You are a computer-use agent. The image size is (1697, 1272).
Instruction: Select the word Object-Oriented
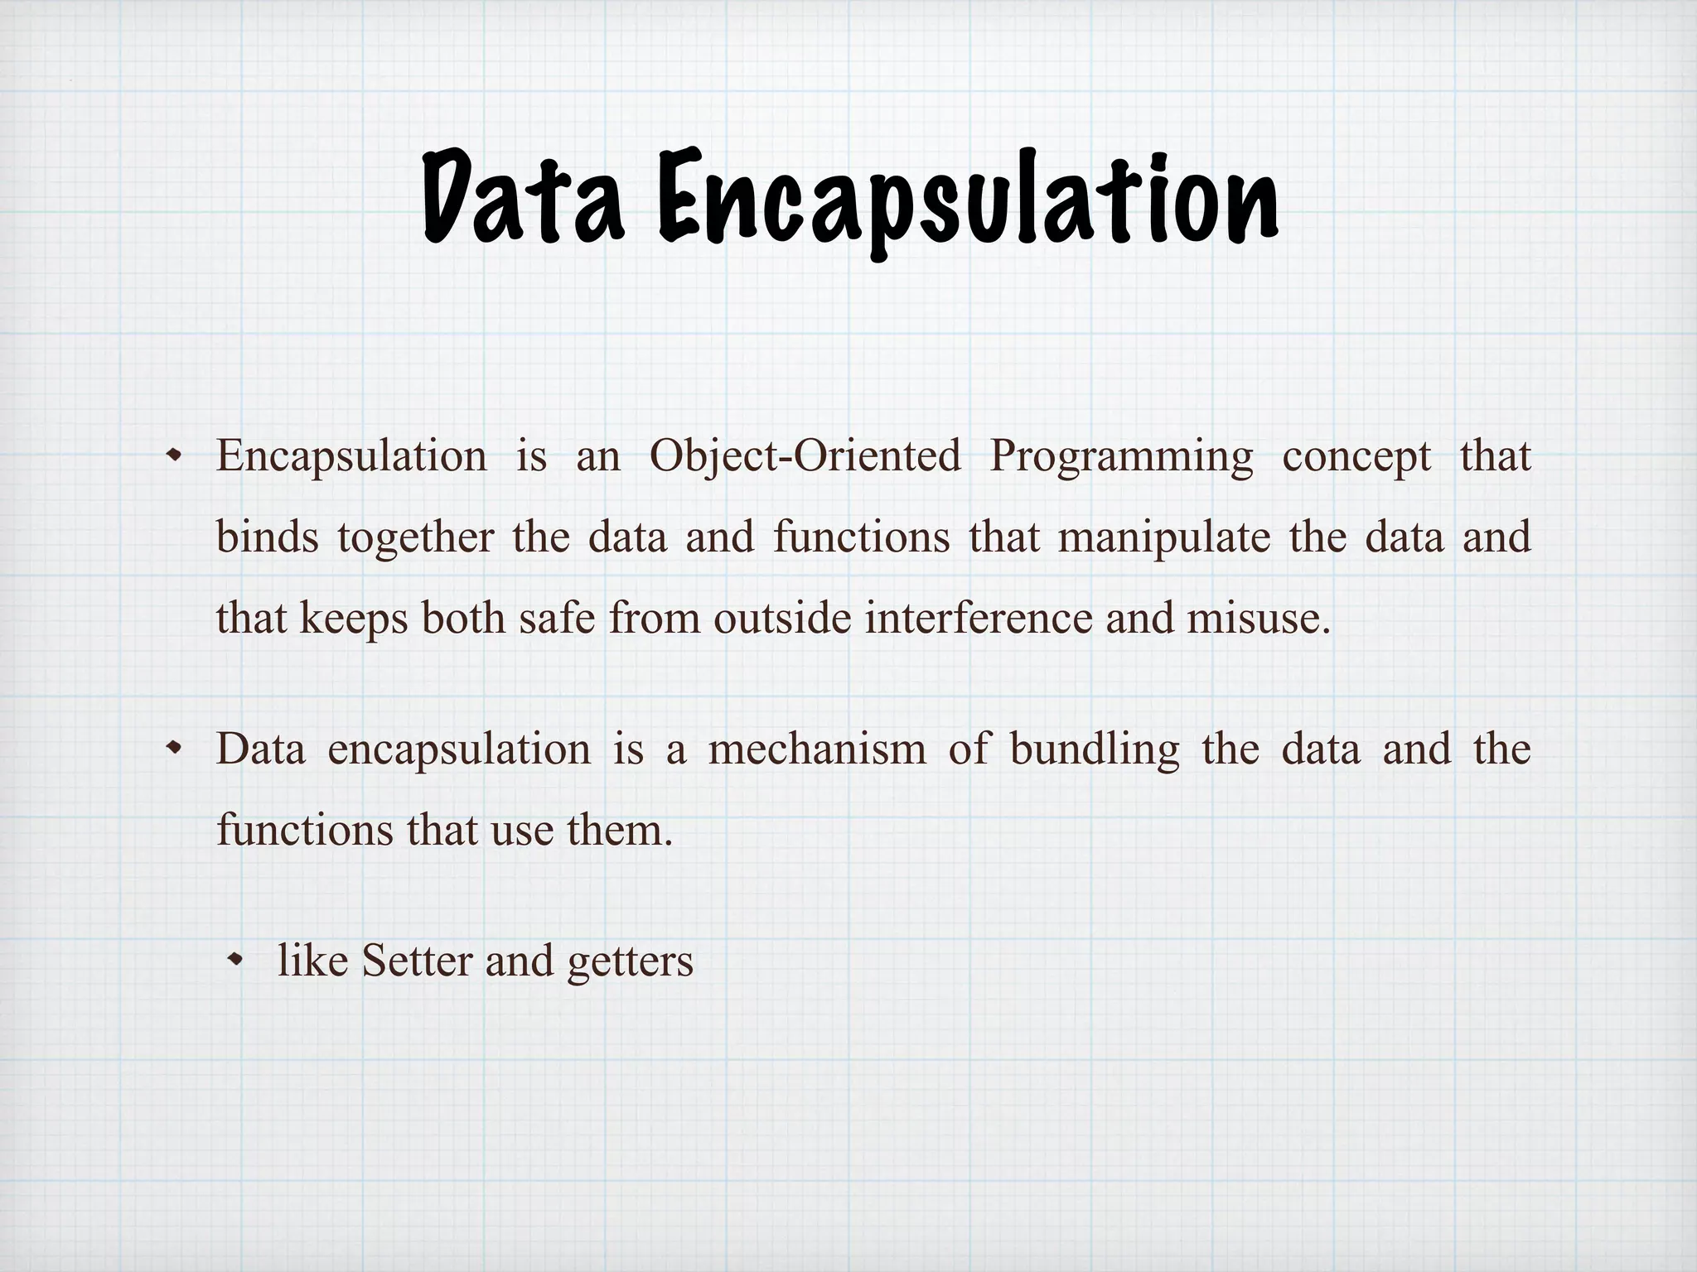(805, 456)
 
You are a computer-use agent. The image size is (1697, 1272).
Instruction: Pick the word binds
(267, 537)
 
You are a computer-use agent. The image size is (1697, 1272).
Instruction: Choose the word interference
(979, 619)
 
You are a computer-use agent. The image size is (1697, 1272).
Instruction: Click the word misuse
(1258, 619)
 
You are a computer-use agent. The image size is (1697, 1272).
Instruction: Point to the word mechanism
(817, 749)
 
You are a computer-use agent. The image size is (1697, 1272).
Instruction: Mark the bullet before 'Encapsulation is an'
(174, 455)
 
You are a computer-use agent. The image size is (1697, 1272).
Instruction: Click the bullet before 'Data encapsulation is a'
(174, 749)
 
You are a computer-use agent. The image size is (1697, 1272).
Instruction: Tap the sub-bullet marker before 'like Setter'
(237, 961)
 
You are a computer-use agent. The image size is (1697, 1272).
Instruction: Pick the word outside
(782, 619)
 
